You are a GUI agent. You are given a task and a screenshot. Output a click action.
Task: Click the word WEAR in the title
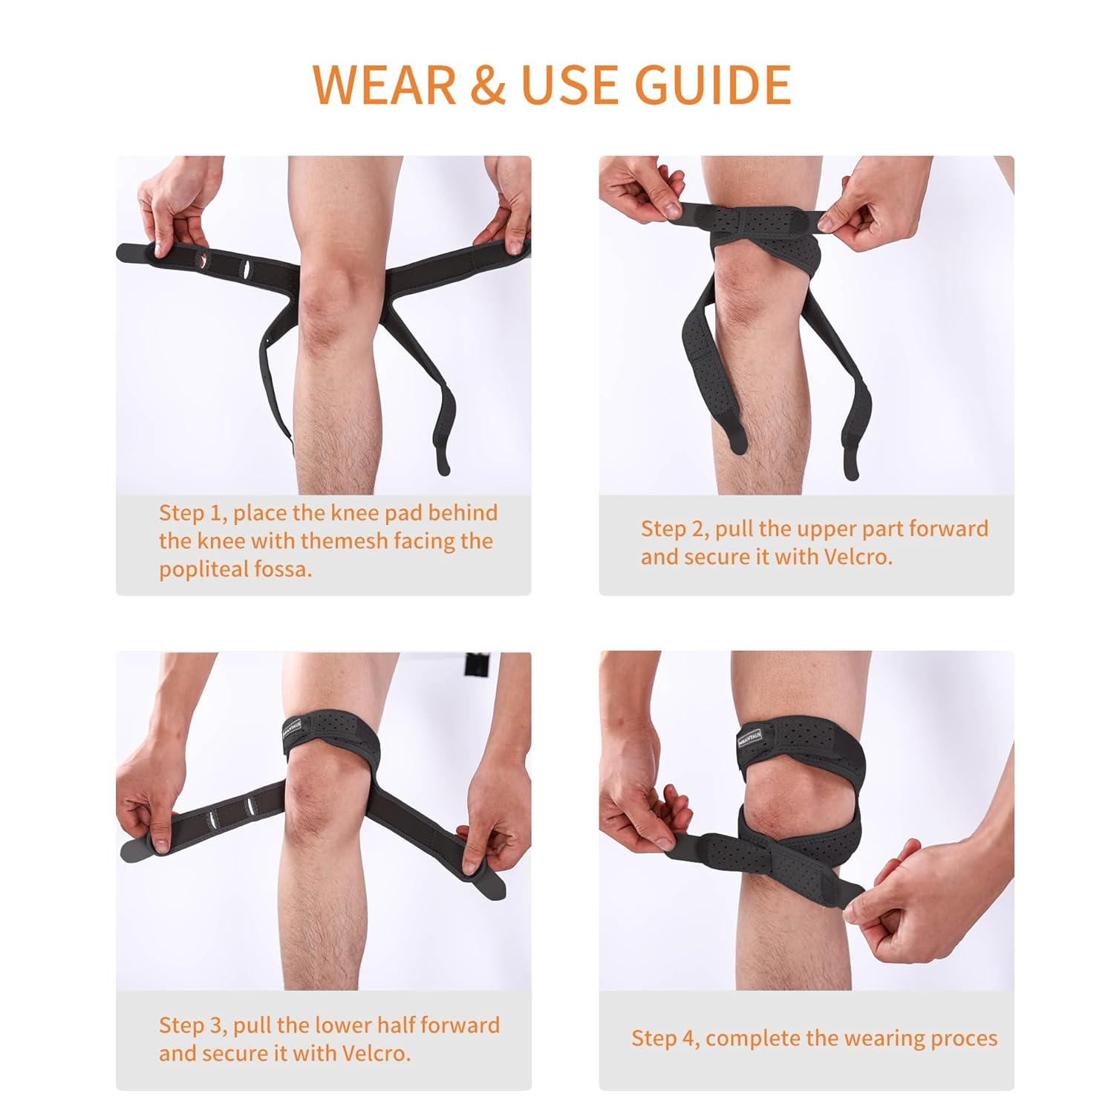[x=385, y=85]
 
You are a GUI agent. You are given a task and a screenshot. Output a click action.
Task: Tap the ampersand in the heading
[x=488, y=85]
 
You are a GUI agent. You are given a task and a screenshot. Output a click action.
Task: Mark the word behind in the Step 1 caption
[x=462, y=512]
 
